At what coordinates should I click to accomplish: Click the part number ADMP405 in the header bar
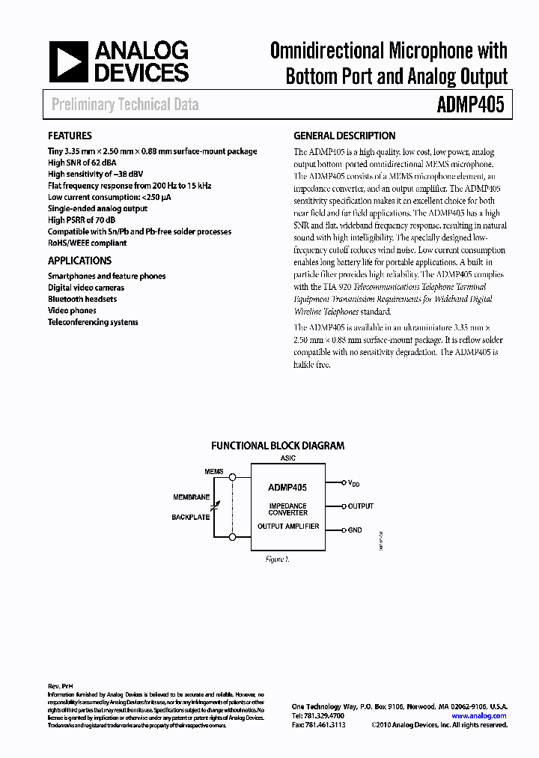pos(470,104)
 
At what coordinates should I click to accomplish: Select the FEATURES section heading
pos(70,136)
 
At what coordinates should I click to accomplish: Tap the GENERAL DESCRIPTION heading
pos(344,136)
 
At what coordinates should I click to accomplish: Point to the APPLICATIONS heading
pos(79,261)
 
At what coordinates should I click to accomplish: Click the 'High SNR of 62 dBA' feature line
pos(82,163)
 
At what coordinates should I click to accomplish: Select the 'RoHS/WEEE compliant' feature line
pos(87,243)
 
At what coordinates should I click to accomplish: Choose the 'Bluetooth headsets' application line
pos(82,299)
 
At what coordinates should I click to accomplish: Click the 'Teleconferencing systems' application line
pos(93,322)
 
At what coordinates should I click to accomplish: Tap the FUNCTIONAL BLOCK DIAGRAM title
pos(278,445)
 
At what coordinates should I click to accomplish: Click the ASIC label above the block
pos(287,458)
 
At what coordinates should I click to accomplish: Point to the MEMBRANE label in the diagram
pos(192,497)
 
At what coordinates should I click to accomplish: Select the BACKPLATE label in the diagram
pos(191,517)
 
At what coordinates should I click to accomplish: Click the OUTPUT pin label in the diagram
pos(361,506)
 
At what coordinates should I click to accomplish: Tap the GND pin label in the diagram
pos(355,530)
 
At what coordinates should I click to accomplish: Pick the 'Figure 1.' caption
pos(277,559)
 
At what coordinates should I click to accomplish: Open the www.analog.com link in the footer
pos(479,715)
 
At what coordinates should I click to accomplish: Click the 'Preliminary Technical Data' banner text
pos(125,104)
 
